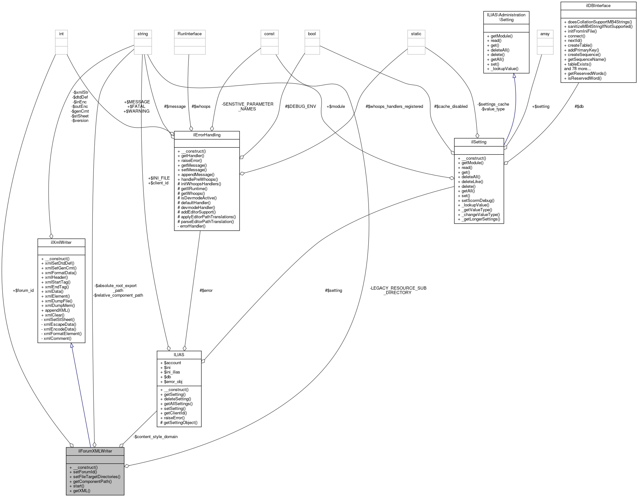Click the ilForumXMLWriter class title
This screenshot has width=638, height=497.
pos(95,451)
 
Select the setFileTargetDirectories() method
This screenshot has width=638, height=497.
pos(97,477)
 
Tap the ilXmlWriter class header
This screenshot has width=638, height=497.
pos(61,242)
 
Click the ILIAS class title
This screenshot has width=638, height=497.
pos(179,355)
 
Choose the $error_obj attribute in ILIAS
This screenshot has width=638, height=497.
pos(173,381)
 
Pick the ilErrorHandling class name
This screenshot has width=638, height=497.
pos(207,135)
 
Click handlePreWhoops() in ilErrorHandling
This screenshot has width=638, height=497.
pos(199,179)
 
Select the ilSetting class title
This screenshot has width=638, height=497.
pos(479,142)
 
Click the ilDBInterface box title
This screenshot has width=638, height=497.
pos(598,5)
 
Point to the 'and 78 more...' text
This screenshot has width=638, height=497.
pos(577,68)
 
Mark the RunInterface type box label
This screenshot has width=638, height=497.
pos(189,34)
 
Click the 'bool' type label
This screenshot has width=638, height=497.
pos(312,34)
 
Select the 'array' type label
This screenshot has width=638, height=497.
pos(545,34)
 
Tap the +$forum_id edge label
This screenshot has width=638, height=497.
pos(23,290)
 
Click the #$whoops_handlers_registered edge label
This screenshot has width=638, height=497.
pos(394,106)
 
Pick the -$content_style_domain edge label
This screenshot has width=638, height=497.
pos(156,437)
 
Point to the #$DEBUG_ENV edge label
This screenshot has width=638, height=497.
pos(300,106)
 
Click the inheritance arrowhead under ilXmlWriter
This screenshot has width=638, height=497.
pos(72,346)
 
